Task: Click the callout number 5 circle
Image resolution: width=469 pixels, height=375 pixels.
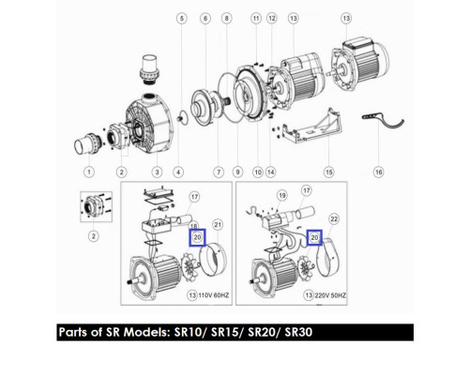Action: pyautogui.click(x=182, y=19)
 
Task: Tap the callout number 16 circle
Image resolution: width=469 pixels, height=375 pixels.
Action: pyautogui.click(x=378, y=172)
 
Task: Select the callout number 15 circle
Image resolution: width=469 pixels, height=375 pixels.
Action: pyautogui.click(x=329, y=172)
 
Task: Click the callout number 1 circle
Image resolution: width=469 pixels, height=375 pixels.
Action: pyautogui.click(x=89, y=172)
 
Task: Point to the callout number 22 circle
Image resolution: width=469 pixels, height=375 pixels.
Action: pyautogui.click(x=334, y=219)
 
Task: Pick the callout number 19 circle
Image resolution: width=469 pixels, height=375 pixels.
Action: pyautogui.click(x=282, y=196)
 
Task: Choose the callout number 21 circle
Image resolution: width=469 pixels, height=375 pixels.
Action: pyautogui.click(x=218, y=225)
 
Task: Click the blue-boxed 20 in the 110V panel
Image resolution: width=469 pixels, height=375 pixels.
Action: pyautogui.click(x=197, y=237)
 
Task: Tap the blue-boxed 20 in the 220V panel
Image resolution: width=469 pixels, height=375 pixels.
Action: pyautogui.click(x=314, y=238)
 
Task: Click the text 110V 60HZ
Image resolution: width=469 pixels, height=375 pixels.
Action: pyautogui.click(x=214, y=295)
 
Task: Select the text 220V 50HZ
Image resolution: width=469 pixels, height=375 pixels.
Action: pyautogui.click(x=330, y=295)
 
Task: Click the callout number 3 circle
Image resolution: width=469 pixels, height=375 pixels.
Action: pyautogui.click(x=157, y=172)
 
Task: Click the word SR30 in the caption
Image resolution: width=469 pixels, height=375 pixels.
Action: pyautogui.click(x=298, y=332)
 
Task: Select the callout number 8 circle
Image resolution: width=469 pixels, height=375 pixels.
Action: pyautogui.click(x=227, y=19)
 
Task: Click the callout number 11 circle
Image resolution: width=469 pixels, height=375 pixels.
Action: pyautogui.click(x=256, y=19)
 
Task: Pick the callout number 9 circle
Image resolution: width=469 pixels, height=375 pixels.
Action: pyautogui.click(x=237, y=172)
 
